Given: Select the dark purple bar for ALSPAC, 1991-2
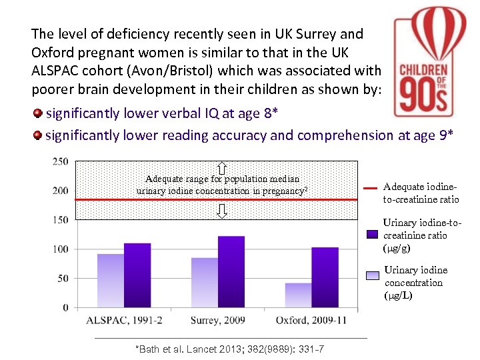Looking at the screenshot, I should [137, 275].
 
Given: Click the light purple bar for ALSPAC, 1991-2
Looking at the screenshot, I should [111, 281].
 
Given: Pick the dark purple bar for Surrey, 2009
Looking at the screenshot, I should [231, 272].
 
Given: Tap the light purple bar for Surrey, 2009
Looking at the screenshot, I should [204, 283].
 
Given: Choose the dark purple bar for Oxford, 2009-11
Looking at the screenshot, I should [325, 277].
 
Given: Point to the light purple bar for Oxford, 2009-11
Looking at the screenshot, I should [298, 295].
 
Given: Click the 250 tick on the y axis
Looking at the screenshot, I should [60, 161].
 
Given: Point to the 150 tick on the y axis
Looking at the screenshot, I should [60, 220].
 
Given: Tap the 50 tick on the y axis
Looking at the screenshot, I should [62, 279].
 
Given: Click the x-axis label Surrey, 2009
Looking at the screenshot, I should [217, 321].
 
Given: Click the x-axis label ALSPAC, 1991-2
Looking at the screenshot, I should [124, 321].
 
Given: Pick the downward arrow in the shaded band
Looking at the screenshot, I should [223, 211].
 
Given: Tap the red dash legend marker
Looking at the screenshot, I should [370, 189].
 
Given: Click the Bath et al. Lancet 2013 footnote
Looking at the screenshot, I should [230, 349].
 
